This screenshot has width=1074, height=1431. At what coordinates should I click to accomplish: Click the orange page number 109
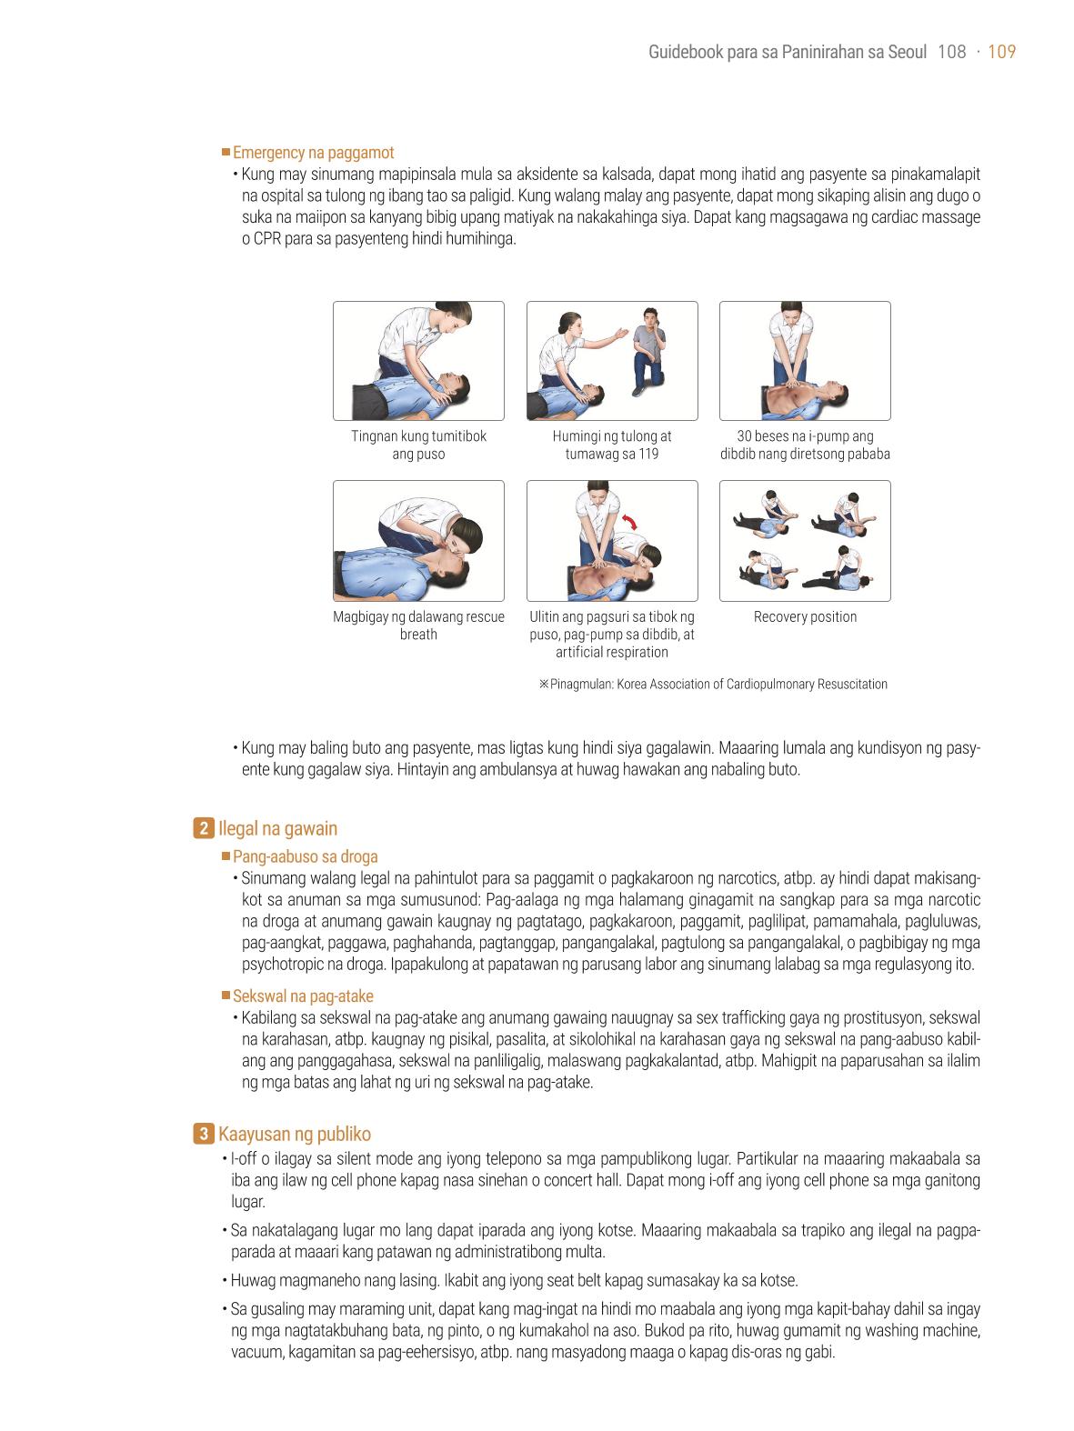coord(1001,52)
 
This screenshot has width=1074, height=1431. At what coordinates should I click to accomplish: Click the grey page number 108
coord(951,52)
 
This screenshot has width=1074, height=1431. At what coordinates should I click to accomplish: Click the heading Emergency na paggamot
coord(313,153)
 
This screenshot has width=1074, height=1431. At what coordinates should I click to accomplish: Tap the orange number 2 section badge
coord(204,828)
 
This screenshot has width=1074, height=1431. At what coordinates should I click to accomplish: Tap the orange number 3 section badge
coord(204,1134)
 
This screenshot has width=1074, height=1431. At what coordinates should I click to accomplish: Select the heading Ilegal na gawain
coord(277,828)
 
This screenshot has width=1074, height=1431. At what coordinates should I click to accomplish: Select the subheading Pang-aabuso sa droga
coord(306,856)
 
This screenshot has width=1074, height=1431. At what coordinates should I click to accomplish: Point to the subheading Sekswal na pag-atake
coord(303,996)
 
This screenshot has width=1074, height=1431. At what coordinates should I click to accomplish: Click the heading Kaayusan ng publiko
coord(295,1135)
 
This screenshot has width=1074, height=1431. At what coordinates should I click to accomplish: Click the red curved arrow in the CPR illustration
coord(629,523)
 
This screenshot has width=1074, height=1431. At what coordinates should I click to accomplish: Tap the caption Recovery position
coord(806,616)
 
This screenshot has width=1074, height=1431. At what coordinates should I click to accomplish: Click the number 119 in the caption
coord(647,454)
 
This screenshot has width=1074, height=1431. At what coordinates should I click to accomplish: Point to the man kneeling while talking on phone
coord(648,351)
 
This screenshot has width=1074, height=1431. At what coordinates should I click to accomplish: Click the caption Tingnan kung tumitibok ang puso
coord(418,445)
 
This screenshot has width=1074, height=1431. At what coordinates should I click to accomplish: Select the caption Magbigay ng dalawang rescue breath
coord(418,625)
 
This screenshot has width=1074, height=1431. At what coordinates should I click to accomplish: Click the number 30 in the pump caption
coord(745,436)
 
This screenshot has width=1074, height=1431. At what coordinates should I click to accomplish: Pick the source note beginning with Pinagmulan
coord(713,684)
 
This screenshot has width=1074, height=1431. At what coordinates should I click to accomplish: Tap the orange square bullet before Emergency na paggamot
coord(226,152)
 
